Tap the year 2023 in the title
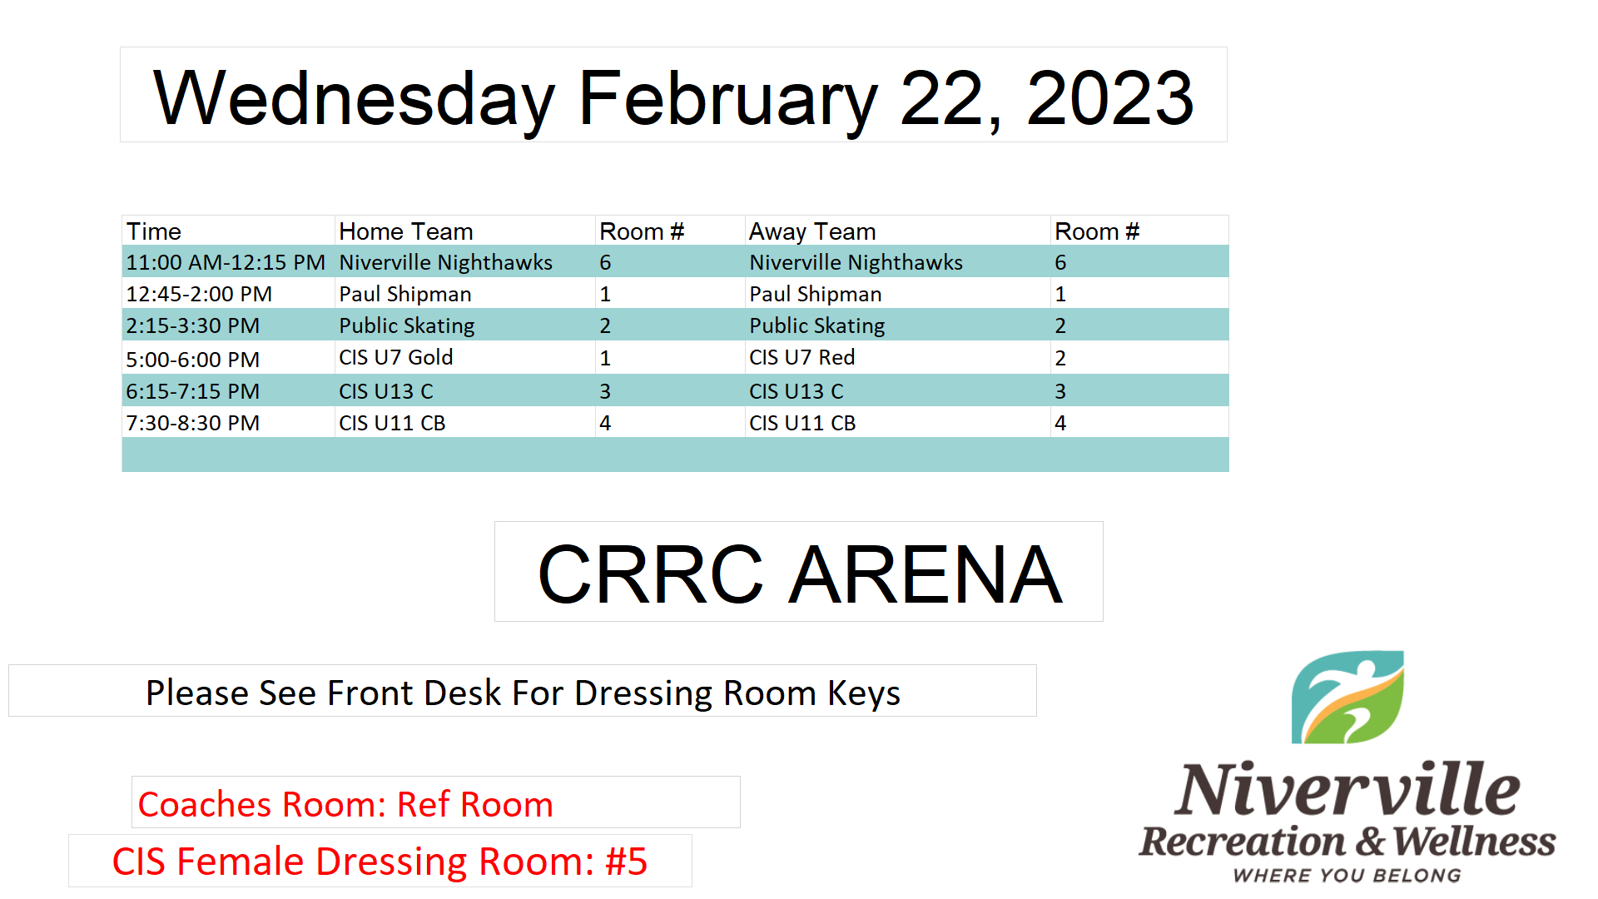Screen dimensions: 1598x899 1110,98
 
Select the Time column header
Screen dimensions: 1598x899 154,231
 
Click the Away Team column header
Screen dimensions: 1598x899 812,231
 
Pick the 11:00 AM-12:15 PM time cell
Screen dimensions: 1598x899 226,262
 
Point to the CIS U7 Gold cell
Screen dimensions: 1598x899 396,357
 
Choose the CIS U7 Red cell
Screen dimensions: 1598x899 802,357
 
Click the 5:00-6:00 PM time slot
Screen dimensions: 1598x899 193,360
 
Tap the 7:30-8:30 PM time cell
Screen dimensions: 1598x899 193,423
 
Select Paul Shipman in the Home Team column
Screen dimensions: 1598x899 405,294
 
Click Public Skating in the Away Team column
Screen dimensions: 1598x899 817,325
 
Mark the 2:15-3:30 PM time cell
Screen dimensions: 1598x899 193,325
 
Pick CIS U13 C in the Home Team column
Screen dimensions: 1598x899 386,391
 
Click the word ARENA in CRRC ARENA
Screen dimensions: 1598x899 926,574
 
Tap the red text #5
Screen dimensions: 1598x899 627,862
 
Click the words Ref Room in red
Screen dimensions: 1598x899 475,805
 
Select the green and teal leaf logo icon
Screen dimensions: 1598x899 1347,698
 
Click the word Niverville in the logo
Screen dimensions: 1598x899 1347,788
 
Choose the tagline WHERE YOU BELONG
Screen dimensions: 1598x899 1347,876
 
